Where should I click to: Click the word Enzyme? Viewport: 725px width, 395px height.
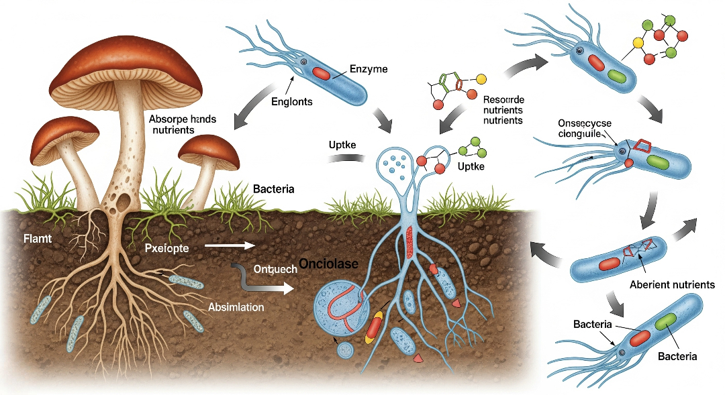[369, 69]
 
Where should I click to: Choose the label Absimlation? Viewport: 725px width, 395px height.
[236, 307]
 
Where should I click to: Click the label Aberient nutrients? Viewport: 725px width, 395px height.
[672, 284]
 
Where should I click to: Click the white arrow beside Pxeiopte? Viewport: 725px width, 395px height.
[229, 245]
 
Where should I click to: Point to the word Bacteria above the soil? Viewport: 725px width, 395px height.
[273, 190]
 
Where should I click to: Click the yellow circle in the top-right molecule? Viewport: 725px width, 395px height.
[639, 43]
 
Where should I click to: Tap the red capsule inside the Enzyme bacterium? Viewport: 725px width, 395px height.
[321, 73]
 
